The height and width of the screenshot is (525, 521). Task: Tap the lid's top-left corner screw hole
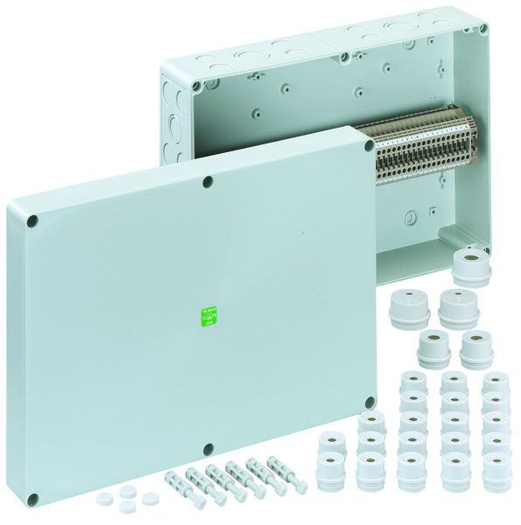coord(32,222)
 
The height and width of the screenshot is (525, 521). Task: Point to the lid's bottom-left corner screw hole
coord(32,500)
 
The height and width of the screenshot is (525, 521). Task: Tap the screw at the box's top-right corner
coord(482,29)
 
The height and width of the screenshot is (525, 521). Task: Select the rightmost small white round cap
coord(150,499)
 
